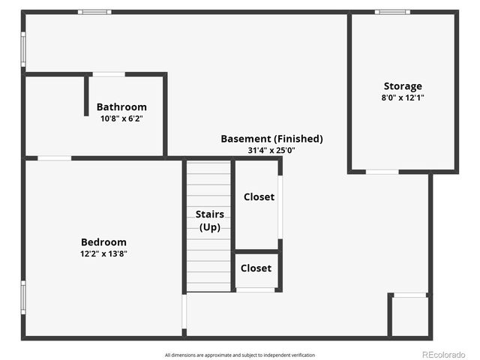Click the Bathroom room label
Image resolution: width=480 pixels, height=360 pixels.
click(121, 107)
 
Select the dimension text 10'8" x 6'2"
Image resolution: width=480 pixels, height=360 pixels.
click(121, 118)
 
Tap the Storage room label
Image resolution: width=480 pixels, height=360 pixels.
click(403, 86)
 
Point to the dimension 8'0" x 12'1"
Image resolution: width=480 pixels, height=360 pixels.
click(403, 97)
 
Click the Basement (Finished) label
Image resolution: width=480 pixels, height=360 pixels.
click(271, 139)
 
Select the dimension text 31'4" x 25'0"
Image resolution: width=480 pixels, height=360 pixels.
click(271, 150)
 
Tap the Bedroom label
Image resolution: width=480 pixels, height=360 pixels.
click(103, 242)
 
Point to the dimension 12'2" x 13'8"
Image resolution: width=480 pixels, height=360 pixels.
click(103, 253)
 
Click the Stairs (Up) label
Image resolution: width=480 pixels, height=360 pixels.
click(209, 220)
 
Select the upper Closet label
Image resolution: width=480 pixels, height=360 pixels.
click(259, 197)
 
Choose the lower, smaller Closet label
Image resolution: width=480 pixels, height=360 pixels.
click(256, 268)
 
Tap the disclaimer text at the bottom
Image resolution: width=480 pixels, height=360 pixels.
click(240, 355)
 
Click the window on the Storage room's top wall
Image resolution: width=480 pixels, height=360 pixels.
click(392, 12)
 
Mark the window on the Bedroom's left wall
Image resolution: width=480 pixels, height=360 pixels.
click(23, 297)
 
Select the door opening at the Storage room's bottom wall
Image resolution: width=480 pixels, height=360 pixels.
click(382, 172)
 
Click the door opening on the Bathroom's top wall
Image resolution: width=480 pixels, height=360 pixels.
click(109, 74)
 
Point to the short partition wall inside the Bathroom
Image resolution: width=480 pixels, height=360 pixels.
click(86, 95)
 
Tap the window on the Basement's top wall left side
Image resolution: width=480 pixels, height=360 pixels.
click(94, 12)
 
